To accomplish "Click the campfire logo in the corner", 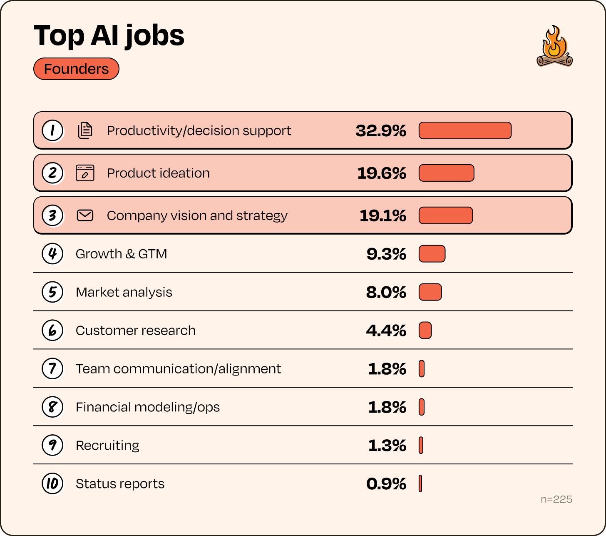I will tap(554, 46).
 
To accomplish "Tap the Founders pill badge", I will tap(76, 69).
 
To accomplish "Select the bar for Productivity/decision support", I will tap(465, 130).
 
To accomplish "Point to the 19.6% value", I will tap(382, 173).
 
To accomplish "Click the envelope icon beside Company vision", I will tap(85, 215).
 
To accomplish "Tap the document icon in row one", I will tap(85, 130).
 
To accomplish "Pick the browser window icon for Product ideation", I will tap(85, 173).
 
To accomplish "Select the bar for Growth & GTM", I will tap(432, 254).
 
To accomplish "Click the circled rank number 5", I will tap(52, 292).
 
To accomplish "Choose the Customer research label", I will tap(135, 331).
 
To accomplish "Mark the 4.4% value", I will tap(386, 331).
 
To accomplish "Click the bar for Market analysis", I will tap(430, 292).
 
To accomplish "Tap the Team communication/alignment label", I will tap(178, 369).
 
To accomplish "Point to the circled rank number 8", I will tap(52, 407).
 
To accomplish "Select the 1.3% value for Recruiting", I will tap(387, 446).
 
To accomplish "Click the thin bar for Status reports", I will tap(420, 483).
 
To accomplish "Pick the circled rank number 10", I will tap(52, 484).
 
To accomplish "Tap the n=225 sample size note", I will tap(556, 499).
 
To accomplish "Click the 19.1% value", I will tap(382, 215).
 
